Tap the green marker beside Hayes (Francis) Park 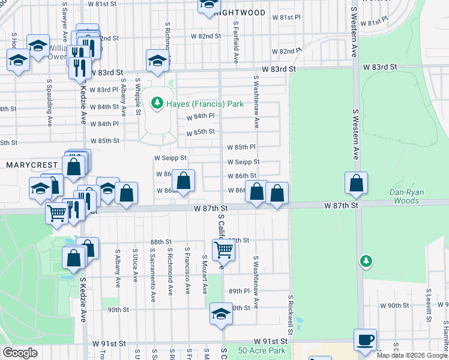[x=157, y=103]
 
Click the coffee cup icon [x=365, y=340]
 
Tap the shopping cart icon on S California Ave [x=223, y=248]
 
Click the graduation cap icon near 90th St [x=221, y=314]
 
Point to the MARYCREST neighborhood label [x=31, y=164]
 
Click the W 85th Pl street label [x=241, y=147]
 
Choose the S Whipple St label [x=138, y=95]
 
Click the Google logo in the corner [x=20, y=352]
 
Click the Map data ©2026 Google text [x=412, y=355]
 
